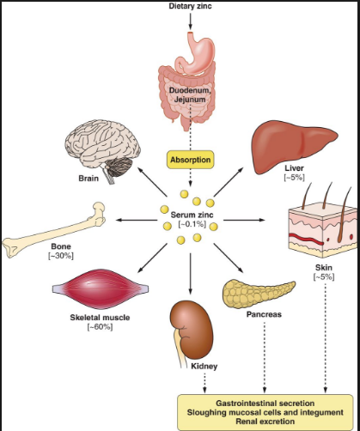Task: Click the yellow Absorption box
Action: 190,160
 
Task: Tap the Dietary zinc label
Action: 190,6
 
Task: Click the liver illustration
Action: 295,146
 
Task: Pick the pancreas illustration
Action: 259,294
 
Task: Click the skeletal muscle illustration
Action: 101,288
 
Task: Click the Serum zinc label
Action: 192,215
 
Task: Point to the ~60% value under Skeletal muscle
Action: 100,327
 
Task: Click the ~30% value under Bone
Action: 61,256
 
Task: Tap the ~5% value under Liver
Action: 294,177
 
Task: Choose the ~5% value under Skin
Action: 324,276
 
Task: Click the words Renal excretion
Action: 265,422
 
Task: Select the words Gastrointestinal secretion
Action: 265,404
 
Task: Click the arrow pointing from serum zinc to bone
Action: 137,220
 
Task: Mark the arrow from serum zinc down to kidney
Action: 190,274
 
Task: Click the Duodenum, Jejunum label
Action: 190,94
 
